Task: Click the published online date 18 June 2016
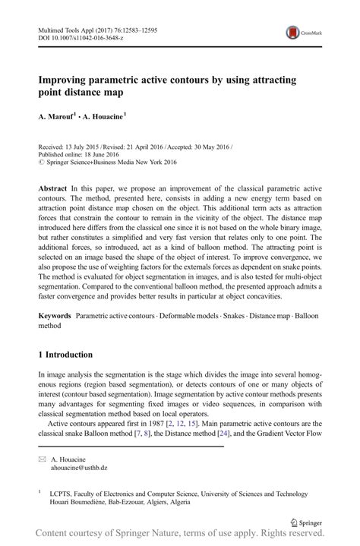click(x=104, y=153)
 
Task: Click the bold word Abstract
click(x=55, y=187)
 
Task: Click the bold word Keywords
click(x=56, y=314)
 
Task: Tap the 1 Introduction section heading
click(x=65, y=355)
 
